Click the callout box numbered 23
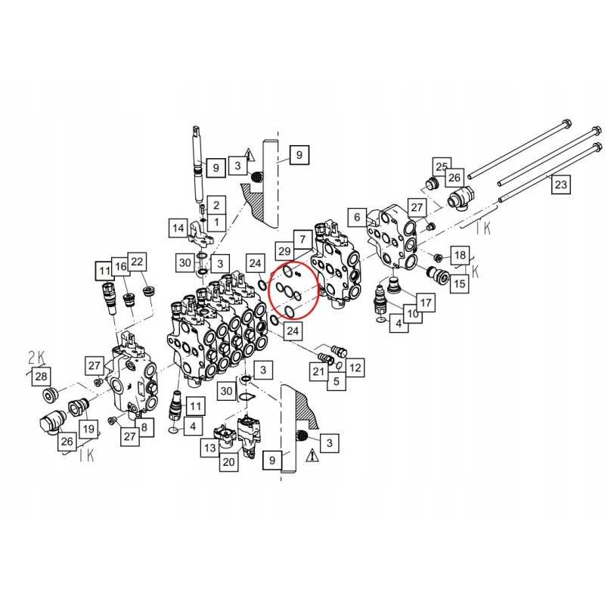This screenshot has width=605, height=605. [560, 183]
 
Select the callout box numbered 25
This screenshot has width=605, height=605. [441, 166]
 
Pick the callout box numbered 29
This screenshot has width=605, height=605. [284, 250]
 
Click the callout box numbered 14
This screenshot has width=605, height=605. [178, 227]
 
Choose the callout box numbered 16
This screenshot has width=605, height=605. [119, 266]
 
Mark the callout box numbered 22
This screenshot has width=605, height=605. [137, 261]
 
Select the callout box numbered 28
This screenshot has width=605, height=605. [41, 376]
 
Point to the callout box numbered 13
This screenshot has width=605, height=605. [209, 448]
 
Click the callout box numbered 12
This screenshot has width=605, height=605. [355, 368]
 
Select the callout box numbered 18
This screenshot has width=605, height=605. [460, 255]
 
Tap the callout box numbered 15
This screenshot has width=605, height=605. [459, 284]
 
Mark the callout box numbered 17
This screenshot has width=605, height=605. [425, 303]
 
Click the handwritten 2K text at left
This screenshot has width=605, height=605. [37, 355]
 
